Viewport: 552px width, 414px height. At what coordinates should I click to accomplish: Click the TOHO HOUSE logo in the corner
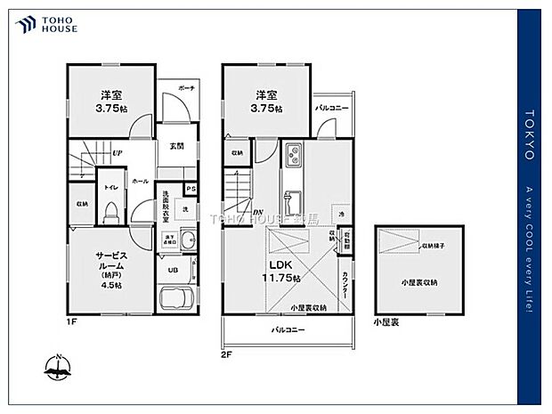[44, 24]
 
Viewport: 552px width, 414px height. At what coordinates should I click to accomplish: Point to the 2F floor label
[228, 353]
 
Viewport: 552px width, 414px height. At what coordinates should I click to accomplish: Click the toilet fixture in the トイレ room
[110, 210]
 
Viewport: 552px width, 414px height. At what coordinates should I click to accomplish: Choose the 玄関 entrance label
[176, 146]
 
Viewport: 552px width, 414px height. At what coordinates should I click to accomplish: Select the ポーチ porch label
[186, 88]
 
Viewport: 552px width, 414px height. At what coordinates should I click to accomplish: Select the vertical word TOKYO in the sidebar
[529, 134]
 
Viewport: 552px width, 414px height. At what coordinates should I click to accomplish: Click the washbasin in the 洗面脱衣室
[190, 238]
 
